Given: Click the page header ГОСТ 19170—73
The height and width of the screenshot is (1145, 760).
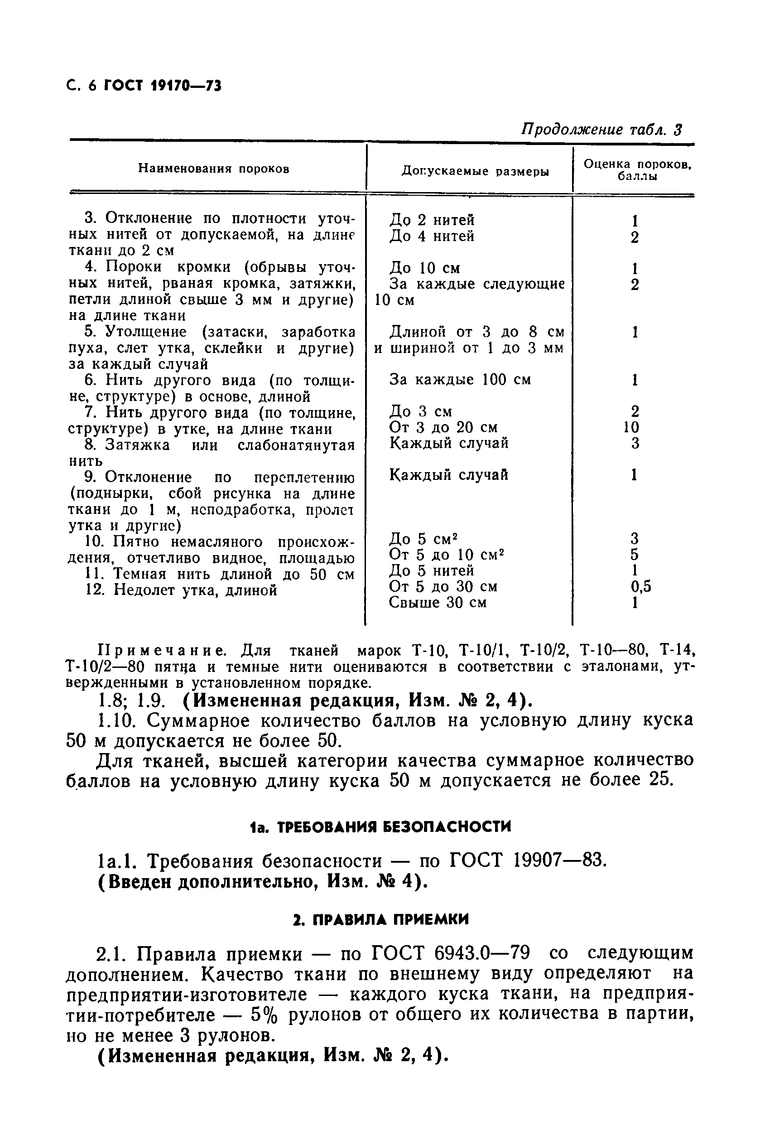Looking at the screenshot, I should tap(163, 86).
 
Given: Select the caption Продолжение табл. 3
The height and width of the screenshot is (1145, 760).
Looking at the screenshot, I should tap(601, 130).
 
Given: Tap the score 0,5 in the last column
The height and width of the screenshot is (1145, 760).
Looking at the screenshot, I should tap(641, 587).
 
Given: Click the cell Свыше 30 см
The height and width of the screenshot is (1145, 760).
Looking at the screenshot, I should tap(437, 603).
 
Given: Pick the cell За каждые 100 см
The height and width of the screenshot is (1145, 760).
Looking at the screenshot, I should tap(460, 380).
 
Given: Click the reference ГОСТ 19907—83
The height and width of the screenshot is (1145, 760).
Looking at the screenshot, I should tap(528, 861).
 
